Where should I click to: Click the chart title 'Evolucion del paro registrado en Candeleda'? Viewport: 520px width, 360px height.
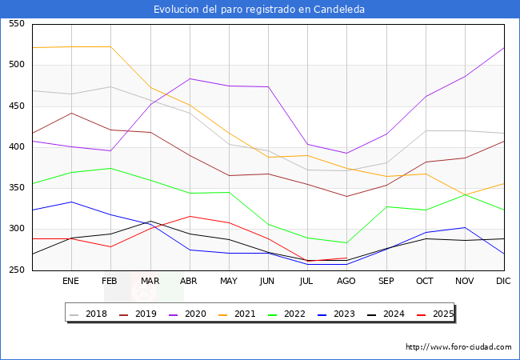(259, 10)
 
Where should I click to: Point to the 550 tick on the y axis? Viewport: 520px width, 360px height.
(16, 24)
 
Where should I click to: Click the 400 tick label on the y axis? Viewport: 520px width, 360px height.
(16, 147)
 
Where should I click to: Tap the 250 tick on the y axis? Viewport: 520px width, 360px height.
(16, 270)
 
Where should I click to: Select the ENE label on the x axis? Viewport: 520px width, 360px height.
(71, 282)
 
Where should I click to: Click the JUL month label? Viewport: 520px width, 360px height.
(307, 282)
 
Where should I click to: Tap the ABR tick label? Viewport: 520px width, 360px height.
(189, 282)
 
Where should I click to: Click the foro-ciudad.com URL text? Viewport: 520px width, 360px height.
(458, 347)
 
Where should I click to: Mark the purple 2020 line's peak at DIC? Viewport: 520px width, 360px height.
(504, 47)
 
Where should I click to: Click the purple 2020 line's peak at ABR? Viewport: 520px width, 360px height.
(189, 78)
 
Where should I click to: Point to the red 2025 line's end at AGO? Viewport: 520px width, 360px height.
(346, 258)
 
